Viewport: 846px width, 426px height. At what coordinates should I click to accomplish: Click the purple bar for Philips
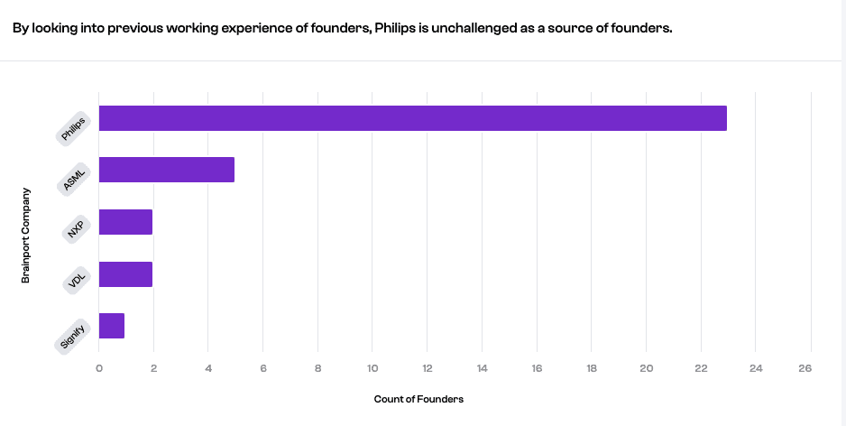(x=412, y=118)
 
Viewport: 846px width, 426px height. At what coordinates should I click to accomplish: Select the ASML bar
(x=166, y=170)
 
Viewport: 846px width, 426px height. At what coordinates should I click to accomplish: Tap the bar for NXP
(x=125, y=222)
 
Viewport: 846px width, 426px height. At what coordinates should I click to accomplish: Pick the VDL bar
(x=125, y=274)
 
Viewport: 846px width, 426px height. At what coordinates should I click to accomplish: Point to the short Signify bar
(x=111, y=326)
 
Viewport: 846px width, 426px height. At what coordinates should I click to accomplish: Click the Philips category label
(x=73, y=129)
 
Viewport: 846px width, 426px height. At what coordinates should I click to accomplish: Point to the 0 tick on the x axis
(x=98, y=368)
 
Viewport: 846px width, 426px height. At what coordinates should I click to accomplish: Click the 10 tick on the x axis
(x=372, y=368)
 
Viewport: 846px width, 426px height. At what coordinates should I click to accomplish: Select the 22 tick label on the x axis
(x=701, y=368)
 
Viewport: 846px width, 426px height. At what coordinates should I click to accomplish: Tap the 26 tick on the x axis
(x=805, y=368)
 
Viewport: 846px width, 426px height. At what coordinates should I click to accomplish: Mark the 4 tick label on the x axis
(x=208, y=368)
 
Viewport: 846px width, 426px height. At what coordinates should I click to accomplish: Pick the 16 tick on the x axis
(x=537, y=368)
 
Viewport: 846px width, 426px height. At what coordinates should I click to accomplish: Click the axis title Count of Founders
(x=418, y=399)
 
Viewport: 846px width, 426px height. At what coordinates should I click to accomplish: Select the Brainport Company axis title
(x=26, y=236)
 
